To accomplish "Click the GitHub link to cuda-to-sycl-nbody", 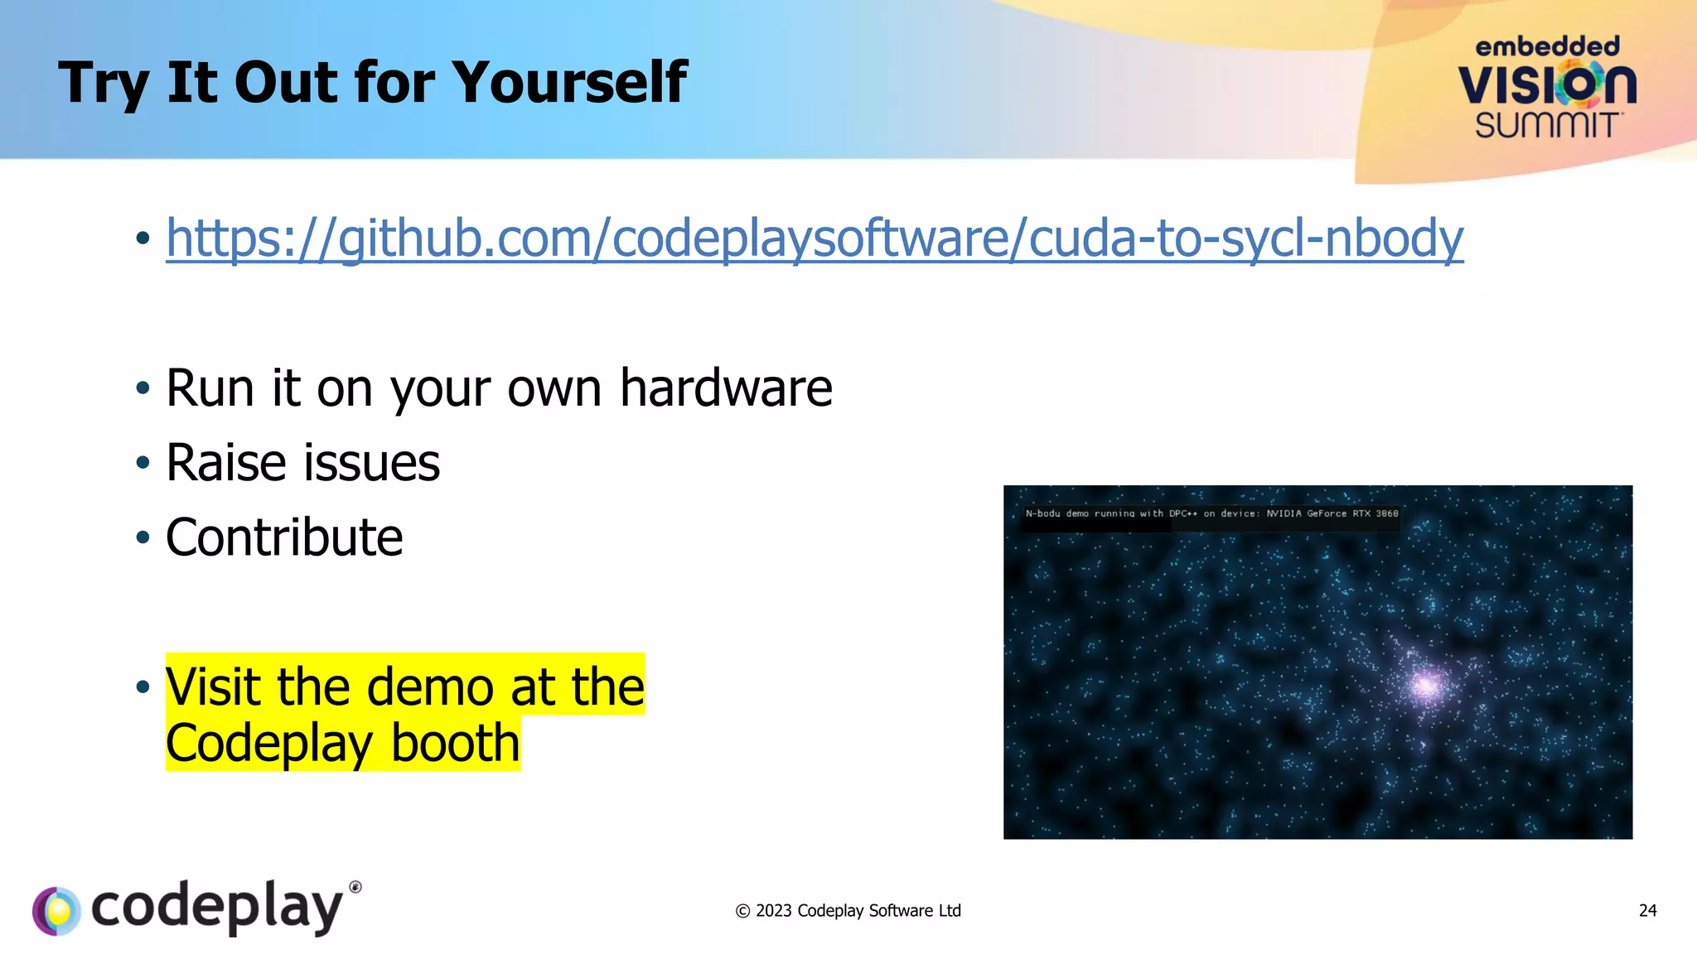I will pos(815,238).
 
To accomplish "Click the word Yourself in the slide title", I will pos(569,83).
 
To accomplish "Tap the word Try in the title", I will pos(104,84).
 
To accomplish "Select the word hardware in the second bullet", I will pos(726,388).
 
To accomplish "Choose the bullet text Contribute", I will pos(284,537).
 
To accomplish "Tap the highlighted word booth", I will pos(455,743).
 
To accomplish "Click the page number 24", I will pos(1647,911).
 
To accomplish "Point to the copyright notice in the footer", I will pos(848,911).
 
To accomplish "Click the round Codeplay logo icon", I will pos(56,911).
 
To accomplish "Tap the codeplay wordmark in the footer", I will pos(217,908).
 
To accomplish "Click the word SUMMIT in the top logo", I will pos(1546,126).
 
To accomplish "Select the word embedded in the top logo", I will pos(1547,46).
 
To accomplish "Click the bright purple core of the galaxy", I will pos(1427,685).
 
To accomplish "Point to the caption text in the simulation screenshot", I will pos(1211,513).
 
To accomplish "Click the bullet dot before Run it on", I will pos(143,388).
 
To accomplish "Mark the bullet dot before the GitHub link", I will pos(143,238).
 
